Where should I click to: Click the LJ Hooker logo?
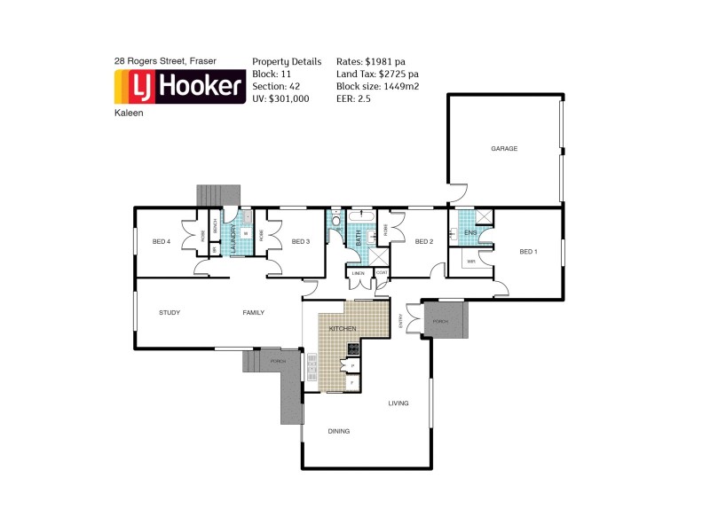pyautogui.click(x=179, y=87)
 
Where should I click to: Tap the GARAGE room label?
pyautogui.click(x=503, y=149)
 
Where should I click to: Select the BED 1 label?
pyautogui.click(x=528, y=252)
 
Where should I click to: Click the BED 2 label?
pyautogui.click(x=423, y=241)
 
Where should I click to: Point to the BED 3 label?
pyautogui.click(x=300, y=241)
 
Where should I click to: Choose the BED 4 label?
pyautogui.click(x=161, y=241)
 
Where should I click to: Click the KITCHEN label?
pyautogui.click(x=343, y=329)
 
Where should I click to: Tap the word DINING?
pyautogui.click(x=338, y=432)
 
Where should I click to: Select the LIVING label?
pyautogui.click(x=398, y=403)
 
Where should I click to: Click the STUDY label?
pyautogui.click(x=170, y=312)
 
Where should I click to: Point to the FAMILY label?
pyautogui.click(x=254, y=312)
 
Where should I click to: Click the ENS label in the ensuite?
pyautogui.click(x=469, y=233)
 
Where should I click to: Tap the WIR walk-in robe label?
pyautogui.click(x=471, y=262)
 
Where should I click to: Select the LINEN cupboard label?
pyautogui.click(x=358, y=273)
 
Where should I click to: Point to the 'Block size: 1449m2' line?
pyautogui.click(x=377, y=86)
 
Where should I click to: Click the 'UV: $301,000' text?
pyautogui.click(x=280, y=98)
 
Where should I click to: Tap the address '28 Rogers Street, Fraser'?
pyautogui.click(x=165, y=61)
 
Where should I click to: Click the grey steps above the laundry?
pyautogui.click(x=218, y=195)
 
